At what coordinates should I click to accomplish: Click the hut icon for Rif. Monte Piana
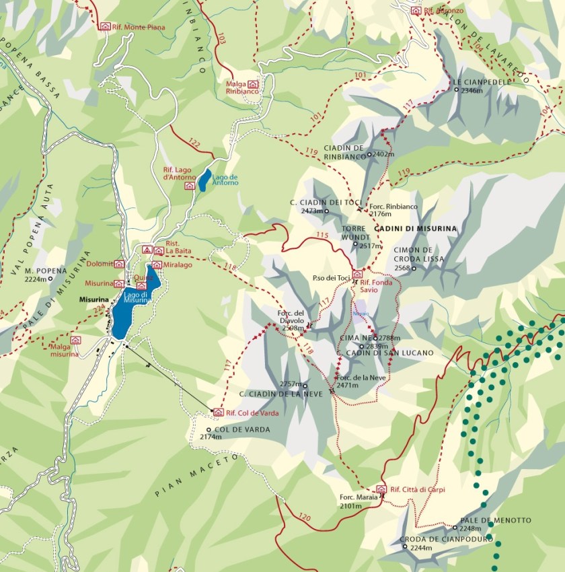click(104, 26)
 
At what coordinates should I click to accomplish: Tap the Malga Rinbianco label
click(241, 87)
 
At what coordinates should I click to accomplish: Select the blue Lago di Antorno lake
click(204, 180)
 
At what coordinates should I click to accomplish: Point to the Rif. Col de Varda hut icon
click(217, 412)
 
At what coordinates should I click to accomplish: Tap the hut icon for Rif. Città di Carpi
click(381, 489)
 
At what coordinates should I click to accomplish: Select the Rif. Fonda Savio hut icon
click(357, 274)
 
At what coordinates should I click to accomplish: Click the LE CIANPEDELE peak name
click(478, 82)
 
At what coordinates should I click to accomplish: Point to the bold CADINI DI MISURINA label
click(420, 229)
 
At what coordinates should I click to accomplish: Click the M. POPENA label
click(44, 271)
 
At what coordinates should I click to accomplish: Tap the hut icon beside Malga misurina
click(75, 340)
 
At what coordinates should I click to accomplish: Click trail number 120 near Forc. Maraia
click(303, 518)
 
